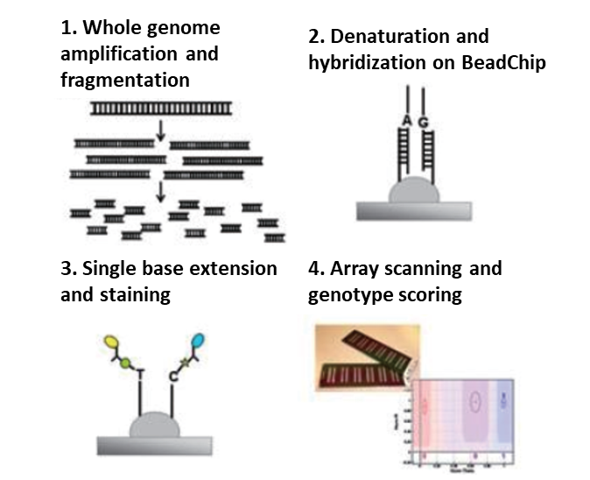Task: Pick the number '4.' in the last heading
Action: [318, 268]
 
